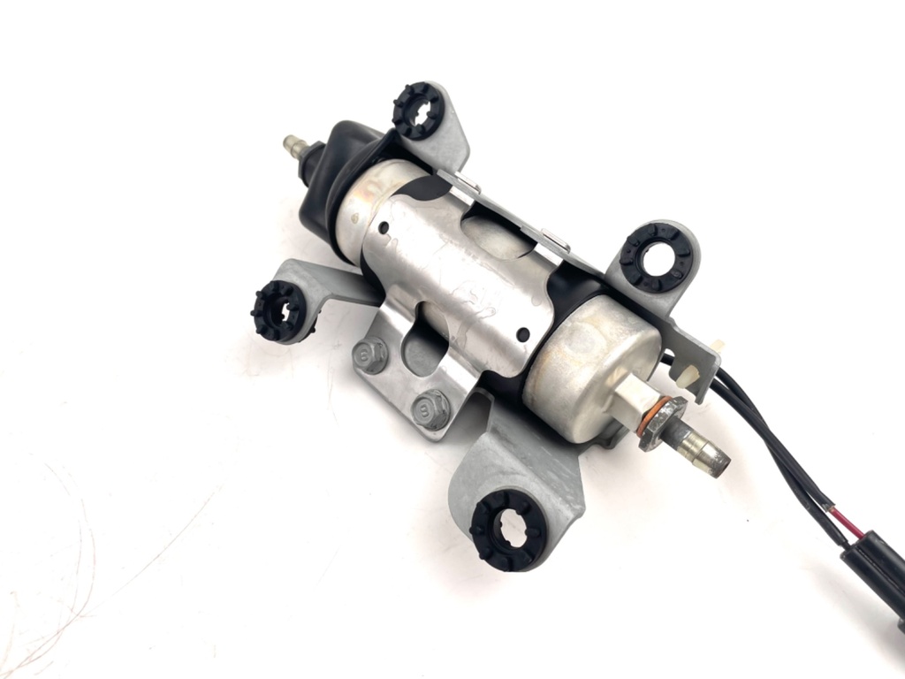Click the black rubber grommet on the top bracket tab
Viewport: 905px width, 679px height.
[417, 110]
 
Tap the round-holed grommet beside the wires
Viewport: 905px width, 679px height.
[655, 258]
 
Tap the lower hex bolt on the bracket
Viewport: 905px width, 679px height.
[431, 408]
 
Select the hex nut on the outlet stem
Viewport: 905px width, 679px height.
[661, 423]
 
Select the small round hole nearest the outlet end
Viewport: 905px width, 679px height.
[523, 333]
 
